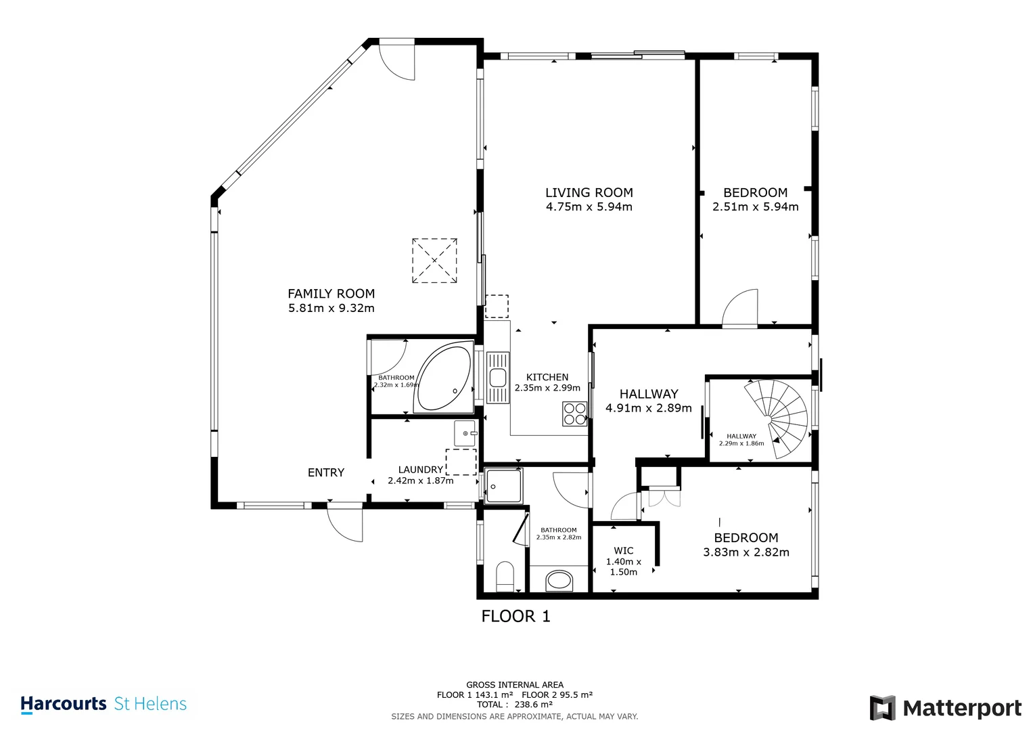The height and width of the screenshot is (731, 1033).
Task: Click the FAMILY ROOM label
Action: (331, 294)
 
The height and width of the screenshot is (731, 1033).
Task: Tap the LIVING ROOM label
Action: (589, 193)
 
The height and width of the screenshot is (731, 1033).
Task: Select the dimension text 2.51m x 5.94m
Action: (755, 207)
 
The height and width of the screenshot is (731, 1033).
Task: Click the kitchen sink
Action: (497, 378)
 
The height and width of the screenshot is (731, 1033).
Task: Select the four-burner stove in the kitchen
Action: (574, 414)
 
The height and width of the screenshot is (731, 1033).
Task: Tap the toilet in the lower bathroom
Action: (505, 577)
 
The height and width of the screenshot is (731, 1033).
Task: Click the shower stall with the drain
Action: (503, 486)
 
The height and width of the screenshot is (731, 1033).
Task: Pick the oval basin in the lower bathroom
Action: (559, 580)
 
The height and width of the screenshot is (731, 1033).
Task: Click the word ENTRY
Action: (326, 472)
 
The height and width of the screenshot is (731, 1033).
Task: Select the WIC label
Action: (623, 551)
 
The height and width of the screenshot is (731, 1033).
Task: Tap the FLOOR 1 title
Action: (515, 616)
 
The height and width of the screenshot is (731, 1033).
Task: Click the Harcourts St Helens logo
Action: (104, 704)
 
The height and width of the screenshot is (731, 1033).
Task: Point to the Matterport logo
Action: (945, 708)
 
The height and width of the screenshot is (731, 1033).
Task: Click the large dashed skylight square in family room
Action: (434, 261)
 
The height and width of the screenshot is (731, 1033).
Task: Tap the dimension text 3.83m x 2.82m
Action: (745, 552)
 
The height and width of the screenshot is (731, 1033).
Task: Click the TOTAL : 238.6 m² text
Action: (514, 705)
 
